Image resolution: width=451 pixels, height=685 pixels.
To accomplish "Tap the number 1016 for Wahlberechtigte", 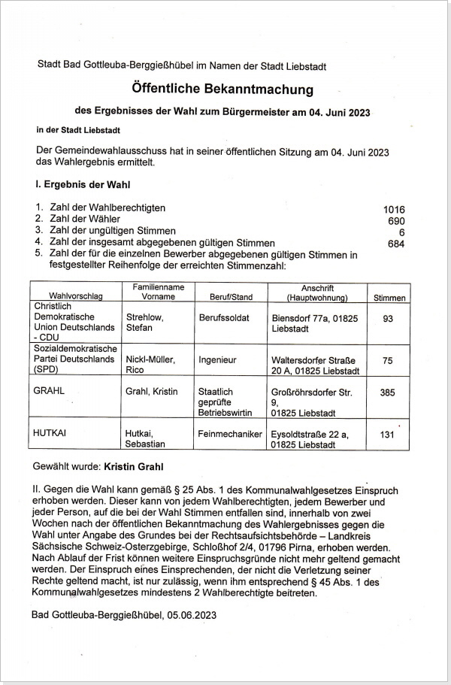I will coord(394,208).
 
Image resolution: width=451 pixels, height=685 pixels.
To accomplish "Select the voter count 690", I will coord(396,220).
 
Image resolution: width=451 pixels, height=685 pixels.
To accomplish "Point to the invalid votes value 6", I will coord(402,232).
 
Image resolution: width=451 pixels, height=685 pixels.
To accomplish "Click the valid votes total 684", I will coord(396,244).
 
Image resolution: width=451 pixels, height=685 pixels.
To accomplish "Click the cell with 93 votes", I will coord(388,319).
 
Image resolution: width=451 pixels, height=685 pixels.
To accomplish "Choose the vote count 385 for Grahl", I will coord(388,392).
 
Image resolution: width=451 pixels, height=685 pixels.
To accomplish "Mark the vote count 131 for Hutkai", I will coord(388,434).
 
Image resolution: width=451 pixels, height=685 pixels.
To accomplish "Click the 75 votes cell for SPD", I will coord(388,360).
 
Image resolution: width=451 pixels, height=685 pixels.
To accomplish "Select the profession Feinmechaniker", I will coord(229,434).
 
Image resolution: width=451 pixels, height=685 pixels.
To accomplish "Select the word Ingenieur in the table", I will coord(218,359).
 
